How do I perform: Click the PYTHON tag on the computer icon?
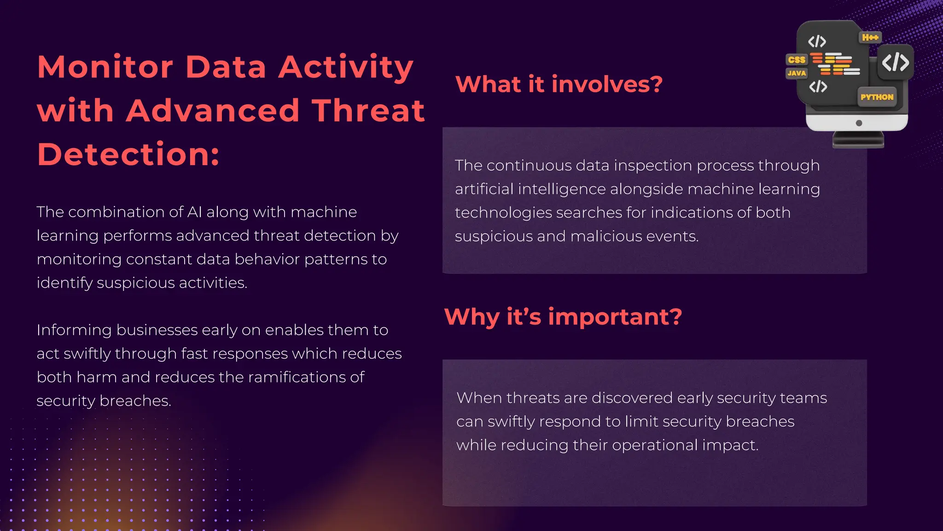tap(877, 97)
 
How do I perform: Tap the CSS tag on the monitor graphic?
tap(797, 60)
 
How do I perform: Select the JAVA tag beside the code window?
tap(797, 73)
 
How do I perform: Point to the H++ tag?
tap(870, 37)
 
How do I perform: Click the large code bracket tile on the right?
tap(895, 62)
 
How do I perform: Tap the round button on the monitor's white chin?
tap(859, 123)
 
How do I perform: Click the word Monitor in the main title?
tap(105, 67)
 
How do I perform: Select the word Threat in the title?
tap(368, 111)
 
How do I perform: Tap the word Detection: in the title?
tap(128, 154)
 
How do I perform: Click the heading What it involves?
tap(559, 84)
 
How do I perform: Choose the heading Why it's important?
tap(563, 317)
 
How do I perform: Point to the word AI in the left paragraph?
tap(194, 212)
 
